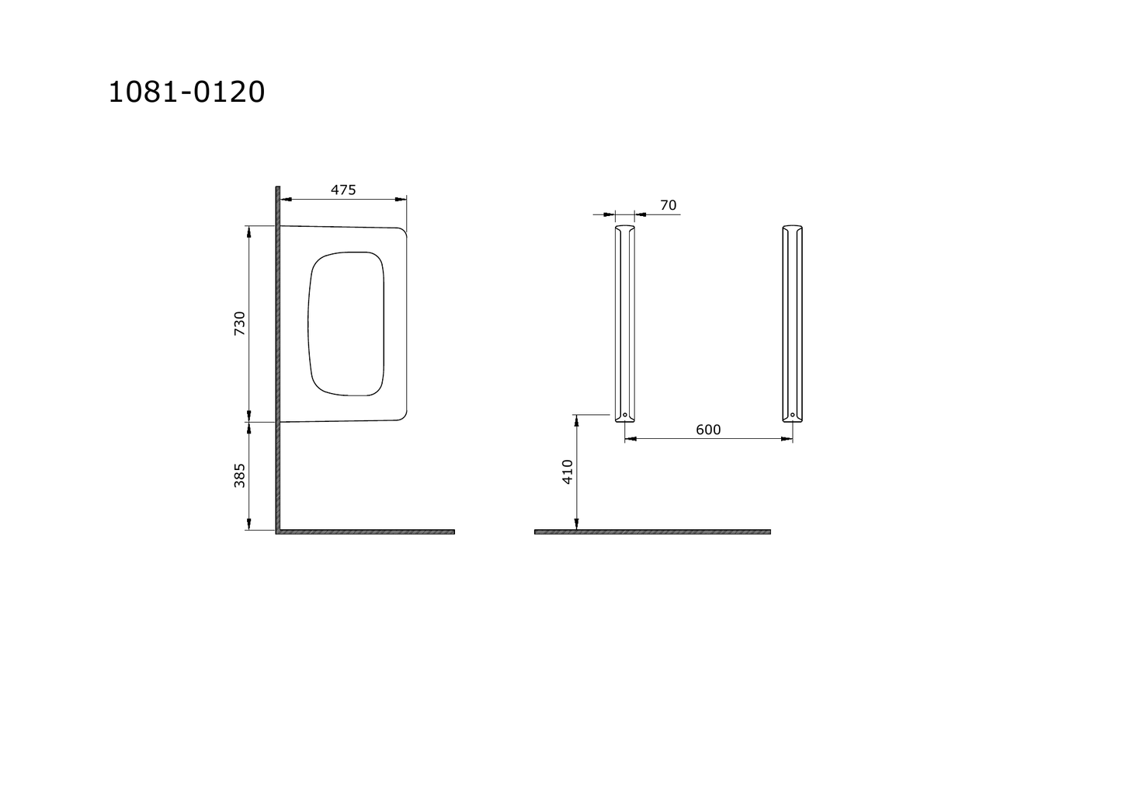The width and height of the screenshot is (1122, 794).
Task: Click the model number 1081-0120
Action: click(186, 92)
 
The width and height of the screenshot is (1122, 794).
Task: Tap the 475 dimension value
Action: click(343, 190)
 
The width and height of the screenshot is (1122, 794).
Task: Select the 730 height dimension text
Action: click(240, 323)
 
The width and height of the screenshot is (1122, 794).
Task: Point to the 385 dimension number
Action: click(240, 475)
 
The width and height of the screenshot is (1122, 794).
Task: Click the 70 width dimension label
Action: click(669, 205)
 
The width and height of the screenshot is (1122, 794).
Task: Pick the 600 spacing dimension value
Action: click(708, 430)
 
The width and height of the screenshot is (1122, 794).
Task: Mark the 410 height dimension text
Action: click(568, 472)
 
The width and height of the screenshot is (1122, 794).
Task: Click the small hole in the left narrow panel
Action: click(624, 415)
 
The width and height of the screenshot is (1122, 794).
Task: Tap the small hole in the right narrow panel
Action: click(793, 415)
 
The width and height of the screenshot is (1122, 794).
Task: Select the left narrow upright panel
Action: click(625, 324)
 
